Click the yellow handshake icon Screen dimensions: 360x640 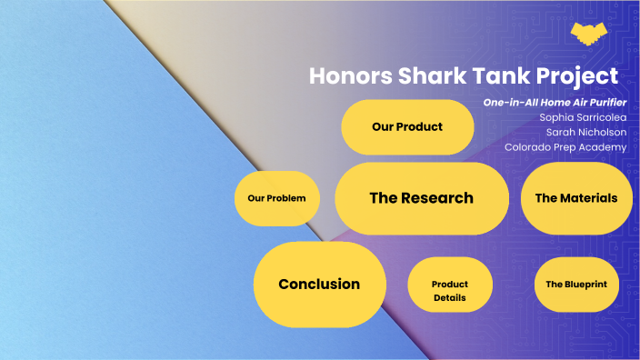(x=591, y=34)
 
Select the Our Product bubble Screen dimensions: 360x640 (x=407, y=127)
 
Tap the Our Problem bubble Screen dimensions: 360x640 (x=276, y=198)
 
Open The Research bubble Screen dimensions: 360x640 (x=421, y=198)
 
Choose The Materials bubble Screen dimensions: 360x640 (x=575, y=198)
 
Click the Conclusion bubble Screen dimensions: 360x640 (x=319, y=285)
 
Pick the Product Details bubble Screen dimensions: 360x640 (x=449, y=291)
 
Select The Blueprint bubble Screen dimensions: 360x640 (x=575, y=285)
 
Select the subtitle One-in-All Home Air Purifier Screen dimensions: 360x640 (x=555, y=102)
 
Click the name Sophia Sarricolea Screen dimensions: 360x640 (x=582, y=117)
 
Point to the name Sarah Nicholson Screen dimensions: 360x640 (x=585, y=132)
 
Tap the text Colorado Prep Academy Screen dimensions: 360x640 (x=565, y=147)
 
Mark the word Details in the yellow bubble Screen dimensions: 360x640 (x=449, y=298)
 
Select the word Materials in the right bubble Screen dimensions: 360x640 (x=588, y=198)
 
